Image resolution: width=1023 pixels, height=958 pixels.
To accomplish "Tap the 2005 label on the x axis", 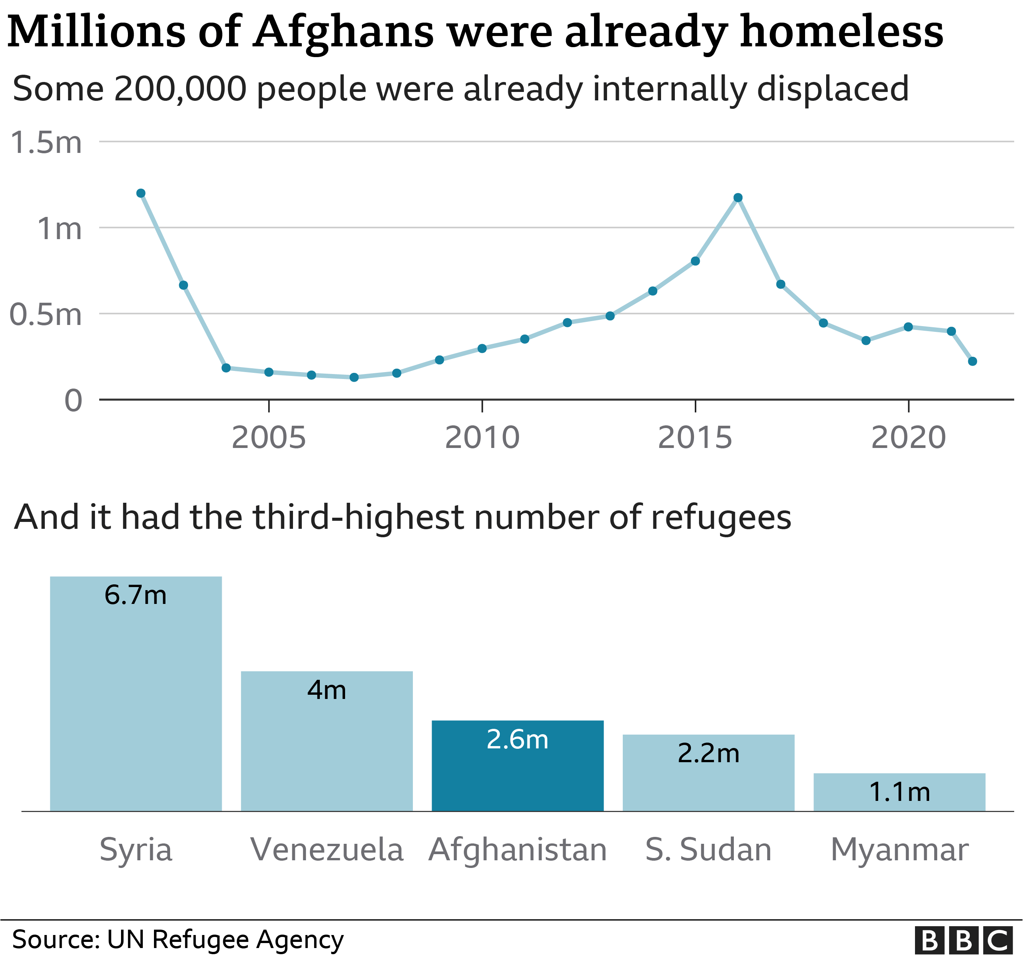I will [268, 438].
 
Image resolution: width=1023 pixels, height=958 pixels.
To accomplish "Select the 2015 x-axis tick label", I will [695, 438].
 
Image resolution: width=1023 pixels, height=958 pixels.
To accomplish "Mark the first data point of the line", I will [141, 193].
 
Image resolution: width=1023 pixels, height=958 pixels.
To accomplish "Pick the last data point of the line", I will [972, 361].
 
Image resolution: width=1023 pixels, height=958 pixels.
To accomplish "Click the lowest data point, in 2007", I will [354, 377].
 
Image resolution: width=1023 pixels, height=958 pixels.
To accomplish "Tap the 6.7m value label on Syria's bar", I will [135, 595].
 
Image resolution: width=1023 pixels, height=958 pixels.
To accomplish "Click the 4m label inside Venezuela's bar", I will [327, 690].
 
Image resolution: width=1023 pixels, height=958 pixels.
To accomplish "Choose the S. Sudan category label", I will [708, 850].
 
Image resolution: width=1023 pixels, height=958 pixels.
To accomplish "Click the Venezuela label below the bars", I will [327, 850].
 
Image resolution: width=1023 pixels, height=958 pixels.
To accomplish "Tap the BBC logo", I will [962, 940].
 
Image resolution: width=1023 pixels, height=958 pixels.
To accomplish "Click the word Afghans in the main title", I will [344, 32].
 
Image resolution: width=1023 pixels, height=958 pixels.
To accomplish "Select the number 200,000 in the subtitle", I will [180, 89].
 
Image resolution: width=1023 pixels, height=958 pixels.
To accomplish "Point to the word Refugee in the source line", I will [201, 940].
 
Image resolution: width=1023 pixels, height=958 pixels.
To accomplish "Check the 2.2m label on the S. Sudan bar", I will [708, 754].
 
